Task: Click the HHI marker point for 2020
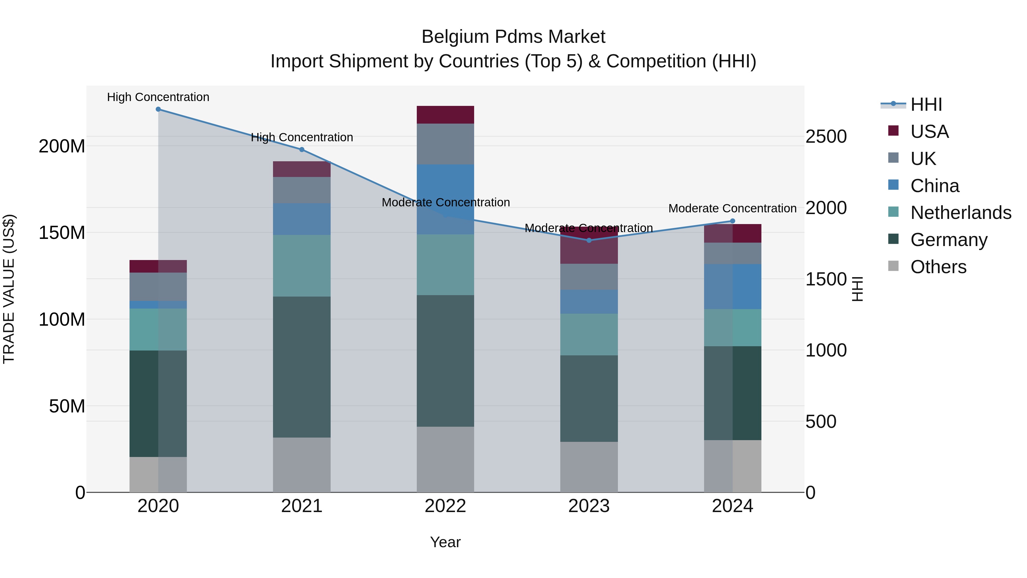click(158, 109)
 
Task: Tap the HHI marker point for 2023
click(589, 240)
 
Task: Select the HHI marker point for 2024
click(732, 221)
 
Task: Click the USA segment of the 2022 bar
click(445, 115)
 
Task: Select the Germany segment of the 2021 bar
click(302, 367)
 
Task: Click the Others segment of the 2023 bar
click(589, 467)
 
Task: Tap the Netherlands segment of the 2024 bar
click(732, 327)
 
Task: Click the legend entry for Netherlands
click(961, 213)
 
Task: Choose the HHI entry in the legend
click(926, 104)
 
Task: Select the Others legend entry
click(938, 267)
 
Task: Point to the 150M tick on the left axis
click(62, 233)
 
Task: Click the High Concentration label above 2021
click(302, 138)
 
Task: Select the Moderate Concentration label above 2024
click(732, 209)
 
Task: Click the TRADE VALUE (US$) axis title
click(9, 289)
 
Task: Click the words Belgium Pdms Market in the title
click(513, 37)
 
